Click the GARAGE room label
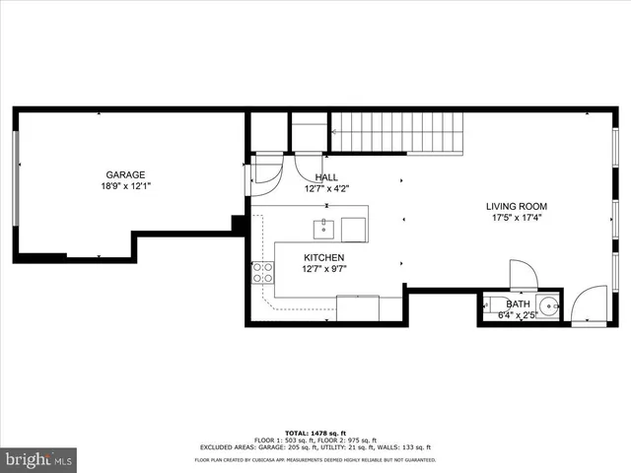(126, 174)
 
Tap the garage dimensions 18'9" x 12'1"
(126, 186)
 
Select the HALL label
(326, 177)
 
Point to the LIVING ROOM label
(517, 207)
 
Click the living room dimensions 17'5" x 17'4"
(517, 219)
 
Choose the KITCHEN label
(323, 257)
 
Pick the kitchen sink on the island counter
(322, 230)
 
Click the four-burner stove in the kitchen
(263, 271)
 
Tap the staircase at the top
(396, 132)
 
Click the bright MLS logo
(39, 459)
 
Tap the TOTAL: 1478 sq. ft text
(315, 433)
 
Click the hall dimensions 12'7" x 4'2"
(326, 188)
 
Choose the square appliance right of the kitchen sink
(357, 230)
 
